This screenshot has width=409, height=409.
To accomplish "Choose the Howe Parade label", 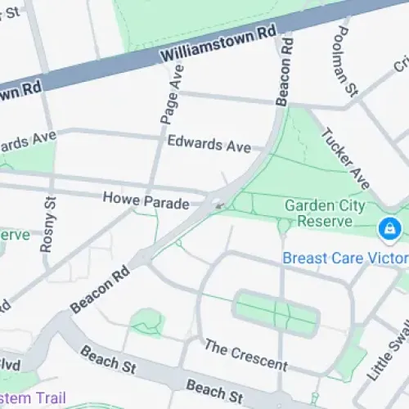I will (x=146, y=199).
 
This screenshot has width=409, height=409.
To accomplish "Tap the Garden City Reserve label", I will (x=324, y=213).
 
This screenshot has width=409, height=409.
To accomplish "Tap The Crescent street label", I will (x=246, y=354).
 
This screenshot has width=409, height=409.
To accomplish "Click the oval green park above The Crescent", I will (x=276, y=312).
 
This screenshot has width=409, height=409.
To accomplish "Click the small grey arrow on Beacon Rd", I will (x=219, y=205).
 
